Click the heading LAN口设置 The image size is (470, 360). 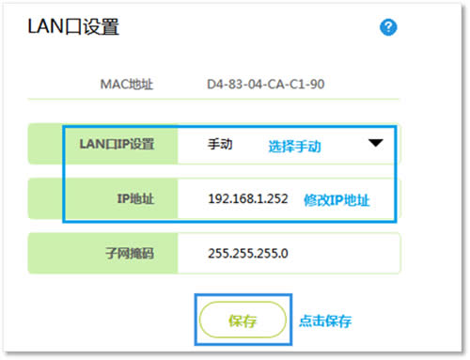click(72, 28)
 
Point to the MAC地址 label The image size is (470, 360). click(126, 86)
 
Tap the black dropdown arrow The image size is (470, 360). click(376, 145)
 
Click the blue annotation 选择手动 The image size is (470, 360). click(294, 147)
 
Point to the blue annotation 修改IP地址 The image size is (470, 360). click(336, 200)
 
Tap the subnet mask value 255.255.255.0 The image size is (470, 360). click(248, 254)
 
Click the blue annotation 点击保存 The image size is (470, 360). click(325, 321)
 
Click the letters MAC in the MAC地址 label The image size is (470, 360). click(113, 86)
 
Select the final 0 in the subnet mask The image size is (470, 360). click(285, 254)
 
